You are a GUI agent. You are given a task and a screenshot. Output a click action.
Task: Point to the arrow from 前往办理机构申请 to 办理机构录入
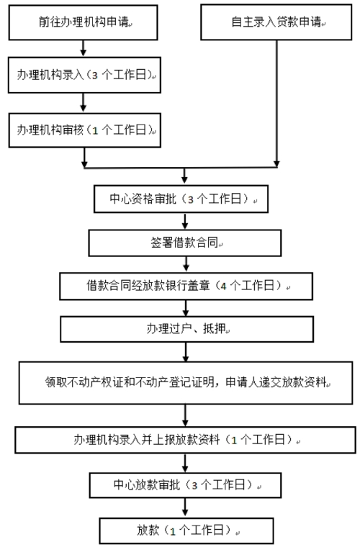point(83,48)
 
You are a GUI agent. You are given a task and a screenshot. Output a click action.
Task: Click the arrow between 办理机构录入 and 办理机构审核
point(83,103)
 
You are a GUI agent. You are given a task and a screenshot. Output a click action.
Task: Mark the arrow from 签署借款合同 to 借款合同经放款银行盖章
point(186,264)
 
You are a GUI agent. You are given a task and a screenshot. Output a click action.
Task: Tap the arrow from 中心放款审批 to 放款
point(185,508)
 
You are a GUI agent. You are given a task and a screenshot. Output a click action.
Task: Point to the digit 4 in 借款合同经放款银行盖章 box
point(223,287)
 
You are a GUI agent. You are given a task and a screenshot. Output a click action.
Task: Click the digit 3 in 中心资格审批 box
point(191,199)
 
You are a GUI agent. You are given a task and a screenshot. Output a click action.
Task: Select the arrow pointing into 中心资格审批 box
point(184,176)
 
